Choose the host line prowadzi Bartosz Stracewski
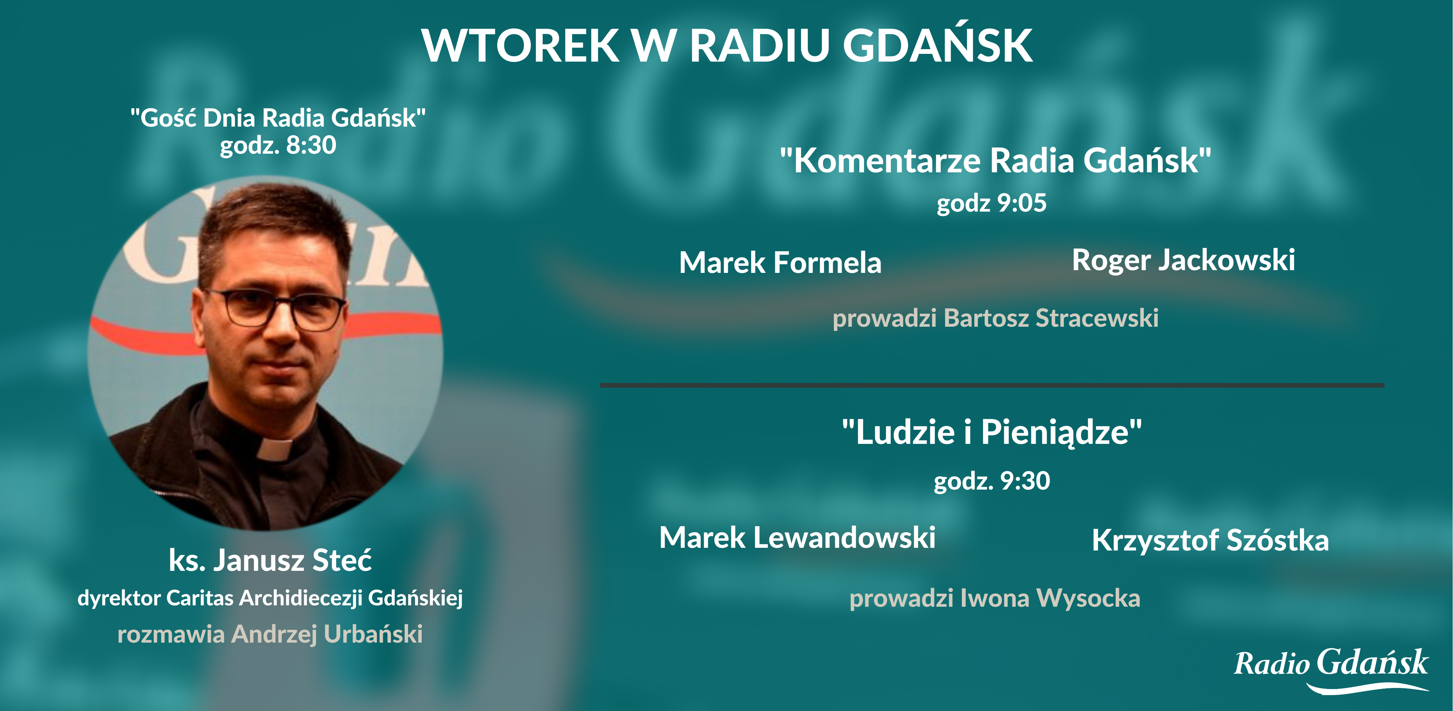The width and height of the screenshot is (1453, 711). point(995,318)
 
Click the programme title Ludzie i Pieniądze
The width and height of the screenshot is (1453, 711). point(992,432)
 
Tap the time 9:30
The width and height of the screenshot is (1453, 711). point(1025,480)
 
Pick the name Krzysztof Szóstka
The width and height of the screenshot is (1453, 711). point(1210,540)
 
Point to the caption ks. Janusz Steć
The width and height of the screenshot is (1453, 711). point(270,560)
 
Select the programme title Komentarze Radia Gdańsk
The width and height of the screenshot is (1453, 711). point(995,161)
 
